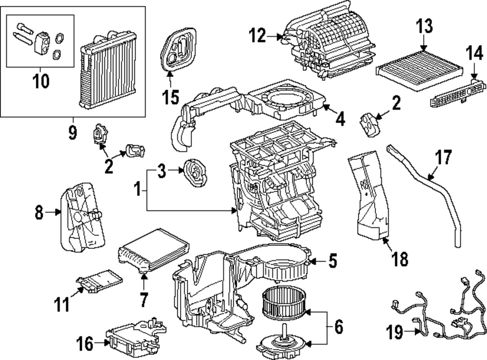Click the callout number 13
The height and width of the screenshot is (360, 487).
pos(424,26)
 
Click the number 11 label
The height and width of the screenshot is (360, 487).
pos(62,304)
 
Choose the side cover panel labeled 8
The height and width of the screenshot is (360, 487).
pos(82,217)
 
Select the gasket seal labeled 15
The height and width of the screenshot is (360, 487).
pos(178,49)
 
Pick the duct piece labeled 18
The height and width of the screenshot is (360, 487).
pos(369,196)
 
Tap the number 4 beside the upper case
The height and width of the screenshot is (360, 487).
pos(340,119)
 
